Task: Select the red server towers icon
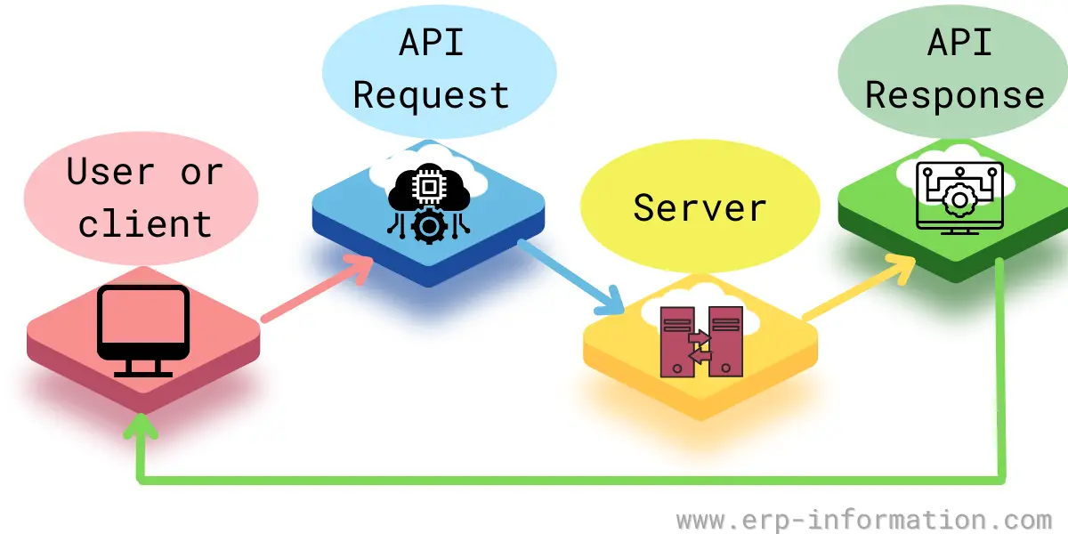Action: (x=700, y=339)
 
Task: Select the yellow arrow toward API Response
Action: (x=859, y=287)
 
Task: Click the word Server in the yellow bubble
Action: (x=700, y=207)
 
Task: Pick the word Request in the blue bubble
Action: (x=431, y=95)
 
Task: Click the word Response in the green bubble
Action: (x=955, y=95)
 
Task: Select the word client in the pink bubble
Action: (x=145, y=223)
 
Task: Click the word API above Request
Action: (x=431, y=42)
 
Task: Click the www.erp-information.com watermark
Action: (x=863, y=519)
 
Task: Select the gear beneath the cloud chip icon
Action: (x=429, y=227)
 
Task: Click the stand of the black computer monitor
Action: (x=142, y=366)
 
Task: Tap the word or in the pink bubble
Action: (x=201, y=172)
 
